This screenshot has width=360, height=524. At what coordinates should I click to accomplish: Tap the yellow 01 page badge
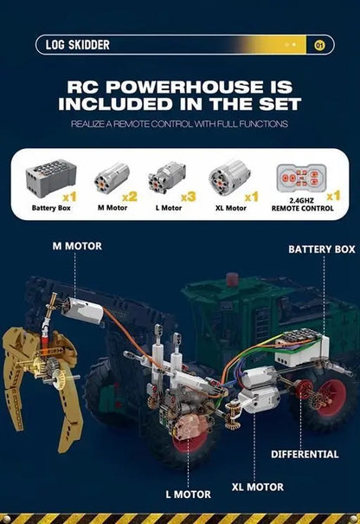(x=319, y=45)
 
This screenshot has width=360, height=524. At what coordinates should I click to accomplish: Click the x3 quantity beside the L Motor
(x=190, y=197)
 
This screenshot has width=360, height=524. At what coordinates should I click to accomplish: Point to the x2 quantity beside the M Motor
(x=132, y=197)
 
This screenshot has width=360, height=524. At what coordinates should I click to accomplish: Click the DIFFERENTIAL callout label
(x=304, y=453)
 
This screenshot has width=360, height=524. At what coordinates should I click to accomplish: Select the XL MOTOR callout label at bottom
(x=257, y=486)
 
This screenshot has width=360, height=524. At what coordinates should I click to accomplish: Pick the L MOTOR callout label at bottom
(x=188, y=494)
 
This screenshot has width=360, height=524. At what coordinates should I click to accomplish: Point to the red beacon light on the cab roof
(x=231, y=279)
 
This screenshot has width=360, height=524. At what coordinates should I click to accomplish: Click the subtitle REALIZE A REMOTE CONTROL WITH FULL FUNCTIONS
(x=179, y=125)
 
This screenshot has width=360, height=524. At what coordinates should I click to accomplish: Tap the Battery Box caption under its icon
(x=51, y=209)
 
